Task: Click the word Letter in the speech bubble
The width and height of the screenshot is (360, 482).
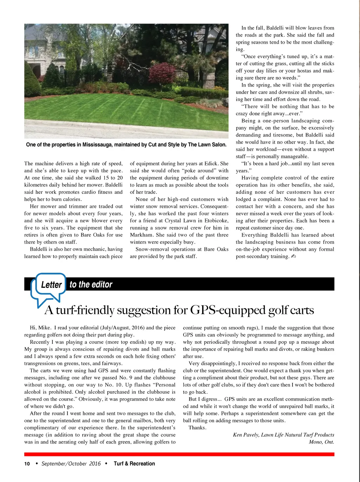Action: (51, 285)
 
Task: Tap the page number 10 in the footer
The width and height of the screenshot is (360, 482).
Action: (27, 464)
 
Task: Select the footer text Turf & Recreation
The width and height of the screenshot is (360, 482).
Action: (134, 464)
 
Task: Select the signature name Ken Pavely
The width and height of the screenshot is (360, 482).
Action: (246, 435)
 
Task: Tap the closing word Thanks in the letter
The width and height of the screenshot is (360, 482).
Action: (197, 428)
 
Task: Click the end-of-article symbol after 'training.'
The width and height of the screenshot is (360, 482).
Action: (294, 256)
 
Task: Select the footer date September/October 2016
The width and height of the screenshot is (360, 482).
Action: (71, 464)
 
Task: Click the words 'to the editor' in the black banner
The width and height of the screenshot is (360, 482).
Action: (91, 285)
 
